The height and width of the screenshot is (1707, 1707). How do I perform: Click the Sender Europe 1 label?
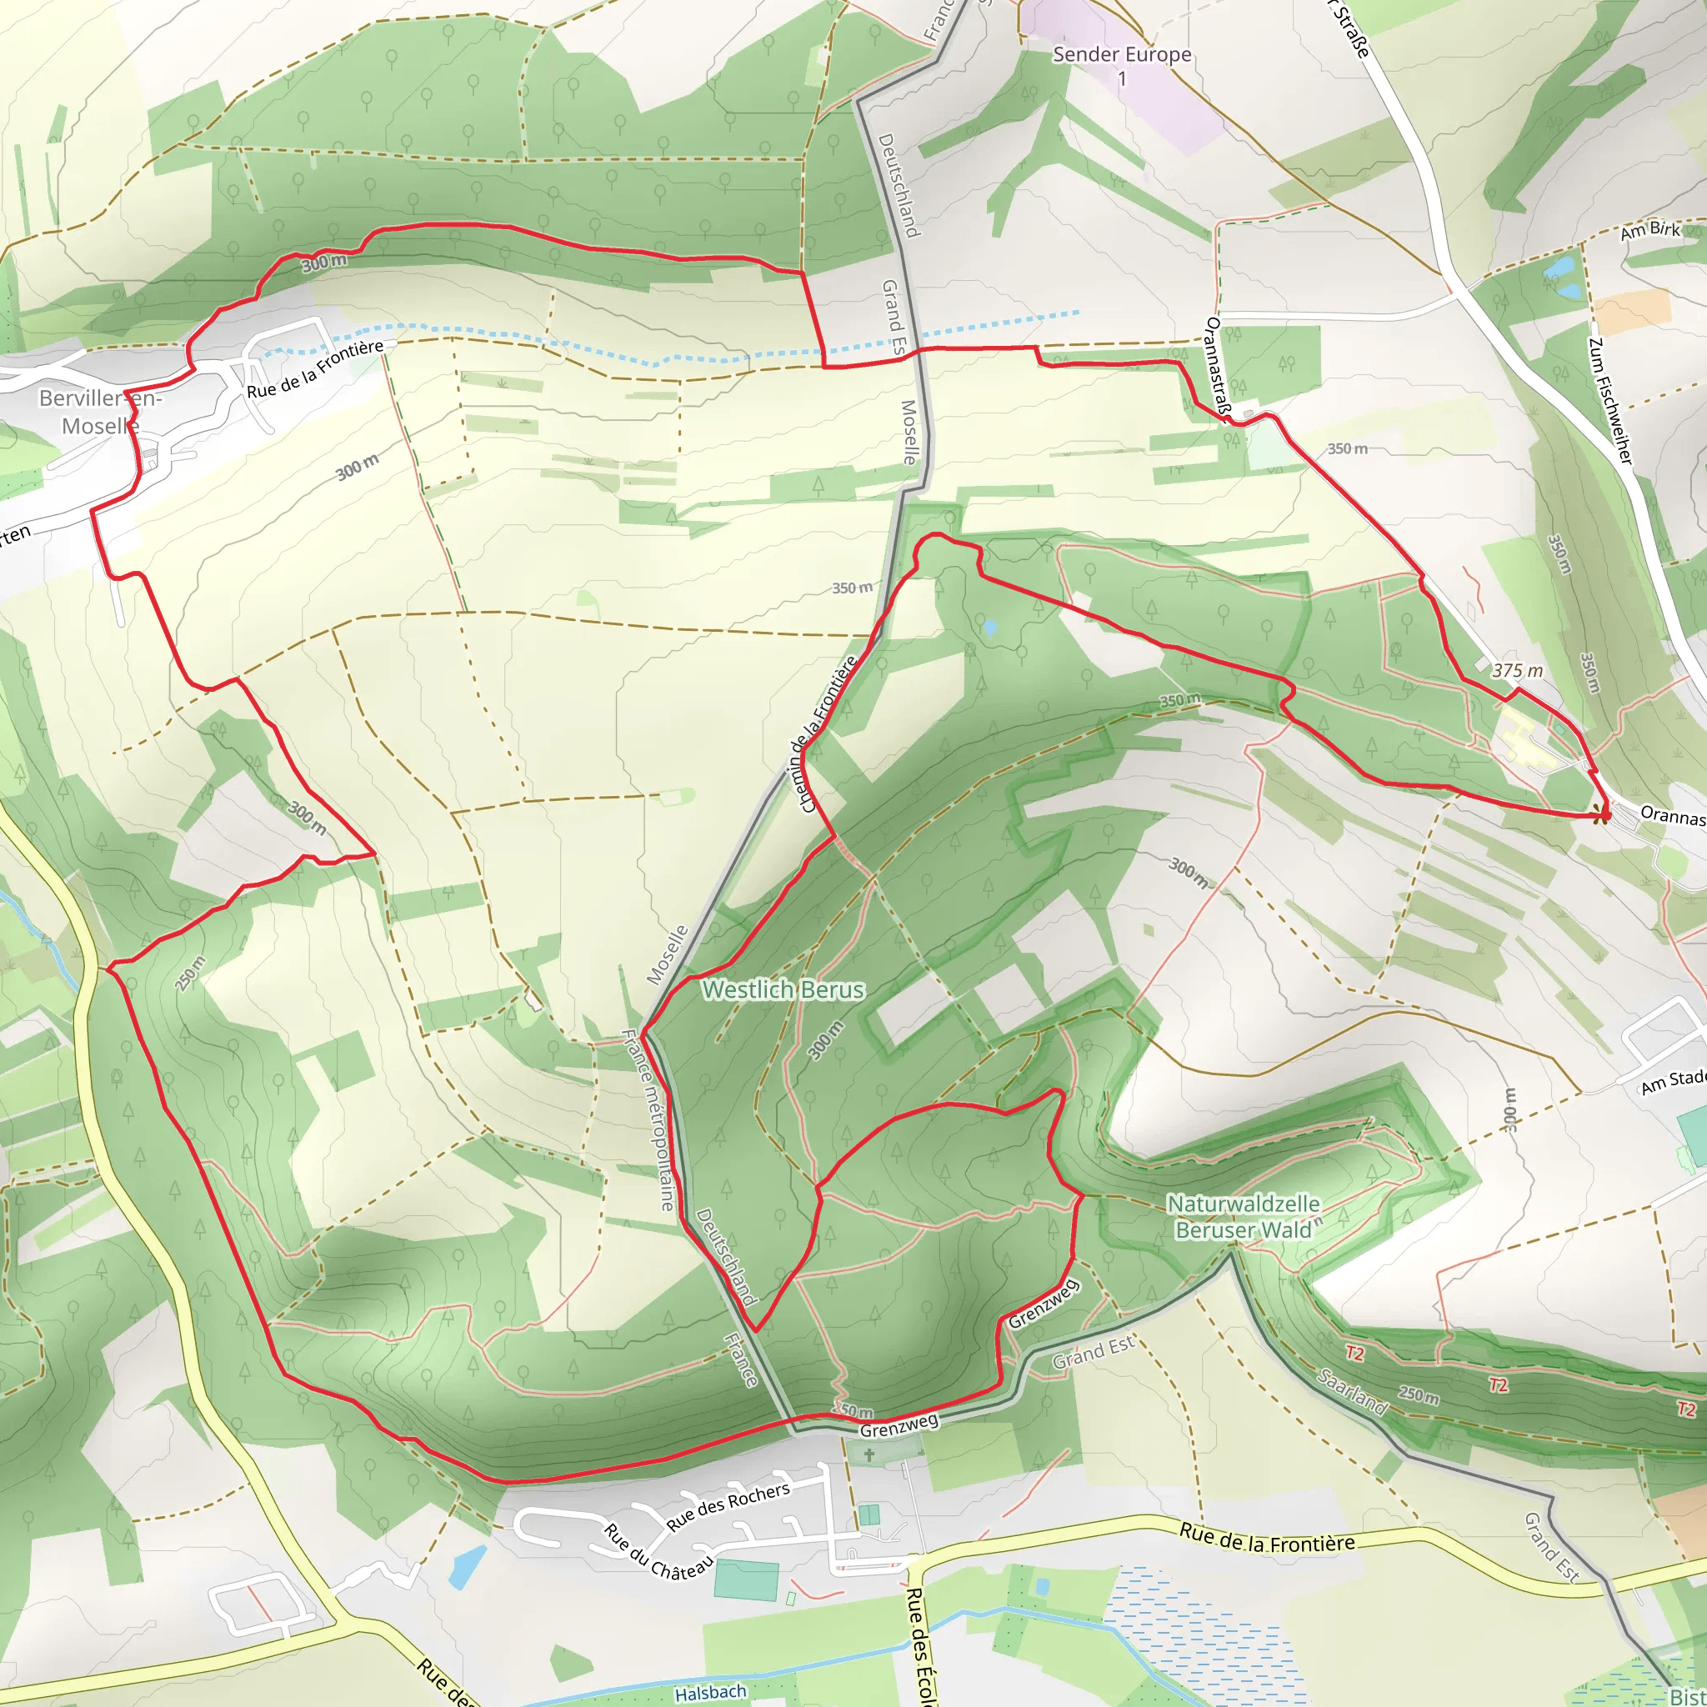pos(1121,65)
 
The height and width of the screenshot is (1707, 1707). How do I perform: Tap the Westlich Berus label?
pos(783,989)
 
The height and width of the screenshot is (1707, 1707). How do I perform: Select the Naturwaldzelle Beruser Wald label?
pos(1243,1217)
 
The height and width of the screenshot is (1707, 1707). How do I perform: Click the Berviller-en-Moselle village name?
pos(100,412)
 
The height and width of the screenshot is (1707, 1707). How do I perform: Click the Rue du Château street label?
pos(658,1551)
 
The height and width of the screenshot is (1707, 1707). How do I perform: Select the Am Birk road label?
pos(1649,231)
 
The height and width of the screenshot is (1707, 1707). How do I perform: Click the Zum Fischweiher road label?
pos(1609,401)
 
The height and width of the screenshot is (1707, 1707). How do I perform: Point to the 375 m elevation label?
pos(1517,671)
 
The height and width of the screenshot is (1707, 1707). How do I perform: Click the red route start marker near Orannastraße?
pos(1601,814)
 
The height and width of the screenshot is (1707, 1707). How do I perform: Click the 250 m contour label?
pos(190,974)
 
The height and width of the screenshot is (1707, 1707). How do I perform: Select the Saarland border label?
pos(1352,1392)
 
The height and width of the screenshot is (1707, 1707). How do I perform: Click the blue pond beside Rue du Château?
pos(468,1565)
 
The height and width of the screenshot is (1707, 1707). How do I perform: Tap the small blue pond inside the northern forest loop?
pos(989,628)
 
